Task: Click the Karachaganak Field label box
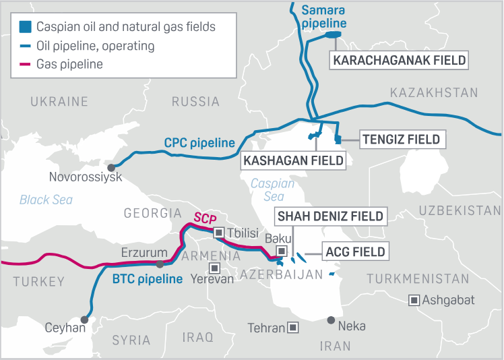pyautogui.click(x=399, y=60)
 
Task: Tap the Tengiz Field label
pyautogui.click(x=400, y=140)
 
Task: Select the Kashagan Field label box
pyautogui.click(x=293, y=161)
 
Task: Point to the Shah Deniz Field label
pyautogui.click(x=329, y=216)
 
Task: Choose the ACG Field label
pyautogui.click(x=355, y=252)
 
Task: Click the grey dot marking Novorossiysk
pyautogui.click(x=112, y=167)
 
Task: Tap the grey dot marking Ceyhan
pyautogui.click(x=84, y=320)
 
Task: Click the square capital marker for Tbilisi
pyautogui.click(x=218, y=233)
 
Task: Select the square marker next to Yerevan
pyautogui.click(x=214, y=268)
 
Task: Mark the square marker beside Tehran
pyautogui.click(x=293, y=328)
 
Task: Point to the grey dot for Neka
pyautogui.click(x=331, y=320)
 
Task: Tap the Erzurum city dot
pyautogui.click(x=160, y=264)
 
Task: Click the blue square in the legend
pyautogui.click(x=25, y=28)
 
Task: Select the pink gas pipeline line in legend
pyautogui.click(x=25, y=65)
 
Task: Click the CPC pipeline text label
pyautogui.click(x=199, y=143)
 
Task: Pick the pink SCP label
pyautogui.click(x=204, y=218)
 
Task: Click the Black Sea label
pyautogui.click(x=46, y=200)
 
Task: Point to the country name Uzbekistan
pyautogui.click(x=460, y=210)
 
